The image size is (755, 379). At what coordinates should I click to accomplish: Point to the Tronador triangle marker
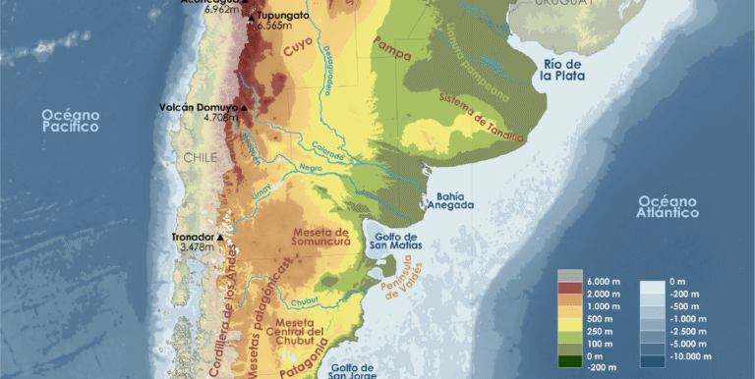pos(220,238)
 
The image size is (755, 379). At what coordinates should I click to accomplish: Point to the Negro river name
pos(311,168)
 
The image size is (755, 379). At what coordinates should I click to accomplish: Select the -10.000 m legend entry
pos(679,359)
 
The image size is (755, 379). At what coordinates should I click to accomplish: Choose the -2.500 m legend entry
pos(679,333)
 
